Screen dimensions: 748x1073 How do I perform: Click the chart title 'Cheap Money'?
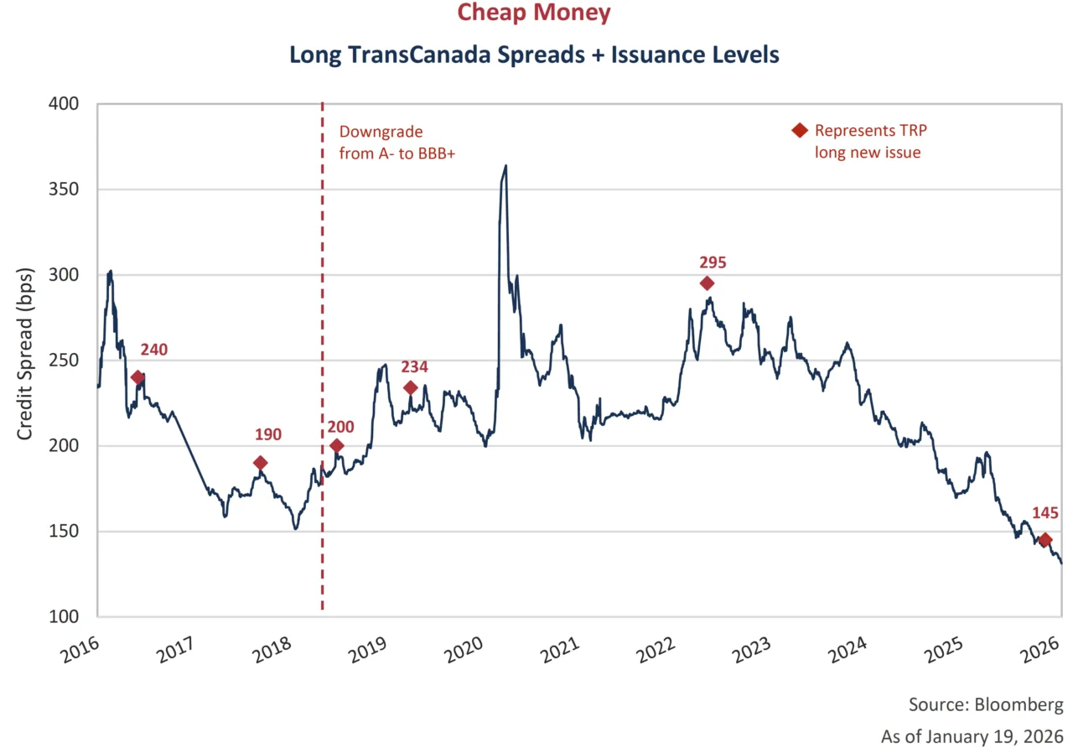pyautogui.click(x=533, y=13)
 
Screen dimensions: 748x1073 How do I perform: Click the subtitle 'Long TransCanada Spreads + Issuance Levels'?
pyautogui.click(x=534, y=55)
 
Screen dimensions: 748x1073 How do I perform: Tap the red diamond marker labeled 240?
pyautogui.click(x=137, y=377)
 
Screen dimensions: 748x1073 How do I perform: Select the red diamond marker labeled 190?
pyautogui.click(x=261, y=463)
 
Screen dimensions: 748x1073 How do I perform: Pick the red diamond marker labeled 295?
pyautogui.click(x=708, y=283)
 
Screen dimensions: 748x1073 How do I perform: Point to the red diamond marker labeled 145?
pyautogui.click(x=1044, y=539)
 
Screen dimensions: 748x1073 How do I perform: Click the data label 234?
pyautogui.click(x=414, y=366)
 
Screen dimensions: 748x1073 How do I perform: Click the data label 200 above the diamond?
pyautogui.click(x=341, y=426)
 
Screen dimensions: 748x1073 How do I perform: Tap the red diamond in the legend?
pyautogui.click(x=800, y=131)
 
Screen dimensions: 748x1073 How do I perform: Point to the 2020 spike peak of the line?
pyautogui.click(x=505, y=166)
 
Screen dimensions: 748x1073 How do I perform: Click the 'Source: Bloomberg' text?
pyautogui.click(x=985, y=703)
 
